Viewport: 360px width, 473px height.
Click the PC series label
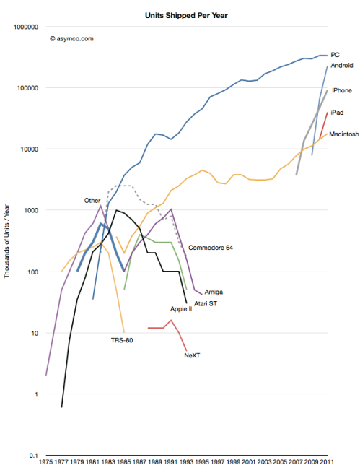click(x=335, y=55)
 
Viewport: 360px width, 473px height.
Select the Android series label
click(x=341, y=66)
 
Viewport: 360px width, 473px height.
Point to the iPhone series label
click(x=341, y=90)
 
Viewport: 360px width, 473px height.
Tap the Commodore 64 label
click(x=210, y=248)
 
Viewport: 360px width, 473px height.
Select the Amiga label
click(x=214, y=292)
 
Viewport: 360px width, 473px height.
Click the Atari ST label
click(x=207, y=305)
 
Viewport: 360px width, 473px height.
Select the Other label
click(x=92, y=200)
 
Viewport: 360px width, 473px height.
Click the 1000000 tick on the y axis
click(x=23, y=27)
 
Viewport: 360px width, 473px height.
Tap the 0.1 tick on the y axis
click(x=31, y=456)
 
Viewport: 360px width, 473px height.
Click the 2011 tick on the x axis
click(x=327, y=464)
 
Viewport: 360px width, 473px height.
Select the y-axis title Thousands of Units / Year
click(x=7, y=240)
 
